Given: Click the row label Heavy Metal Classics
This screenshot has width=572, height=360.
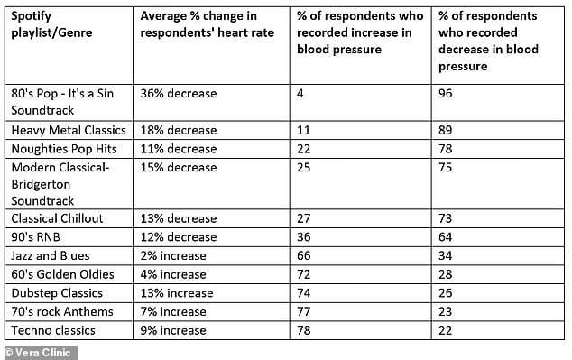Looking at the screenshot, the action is pyautogui.click(x=69, y=130).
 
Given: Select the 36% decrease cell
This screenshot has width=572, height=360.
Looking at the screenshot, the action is pyautogui.click(x=179, y=93).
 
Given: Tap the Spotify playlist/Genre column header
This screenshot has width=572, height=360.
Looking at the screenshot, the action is pyautogui.click(x=51, y=24).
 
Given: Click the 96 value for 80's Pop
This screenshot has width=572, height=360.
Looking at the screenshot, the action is pyautogui.click(x=446, y=93).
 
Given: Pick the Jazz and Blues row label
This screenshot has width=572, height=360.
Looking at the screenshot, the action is pyautogui.click(x=51, y=255).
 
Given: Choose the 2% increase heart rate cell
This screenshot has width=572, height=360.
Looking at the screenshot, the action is pyautogui.click(x=173, y=255).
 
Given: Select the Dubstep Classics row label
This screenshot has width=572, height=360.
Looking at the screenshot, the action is pyautogui.click(x=57, y=293).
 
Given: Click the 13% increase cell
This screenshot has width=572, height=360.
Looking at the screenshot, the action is pyautogui.click(x=177, y=293).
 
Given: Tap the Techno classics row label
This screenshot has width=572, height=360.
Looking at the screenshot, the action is pyautogui.click(x=53, y=330).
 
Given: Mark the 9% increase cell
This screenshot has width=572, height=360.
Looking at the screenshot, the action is pyautogui.click(x=173, y=330).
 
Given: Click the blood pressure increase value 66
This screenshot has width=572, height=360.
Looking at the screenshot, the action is pyautogui.click(x=303, y=255).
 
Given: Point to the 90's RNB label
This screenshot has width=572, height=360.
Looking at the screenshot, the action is pyautogui.click(x=35, y=237).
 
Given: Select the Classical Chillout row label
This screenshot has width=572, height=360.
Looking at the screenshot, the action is pyautogui.click(x=57, y=218).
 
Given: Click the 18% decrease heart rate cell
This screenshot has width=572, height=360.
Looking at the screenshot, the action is pyautogui.click(x=179, y=130).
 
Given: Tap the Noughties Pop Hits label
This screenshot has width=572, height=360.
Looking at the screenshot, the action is pyautogui.click(x=64, y=149).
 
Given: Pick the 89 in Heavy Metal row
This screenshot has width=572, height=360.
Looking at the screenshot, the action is pyautogui.click(x=446, y=130).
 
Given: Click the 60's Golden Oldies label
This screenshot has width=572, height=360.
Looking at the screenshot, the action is pyautogui.click(x=63, y=274).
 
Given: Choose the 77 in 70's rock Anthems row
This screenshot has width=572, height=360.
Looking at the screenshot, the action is pyautogui.click(x=303, y=312).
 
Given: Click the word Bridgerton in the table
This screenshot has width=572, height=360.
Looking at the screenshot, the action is pyautogui.click(x=41, y=184).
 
